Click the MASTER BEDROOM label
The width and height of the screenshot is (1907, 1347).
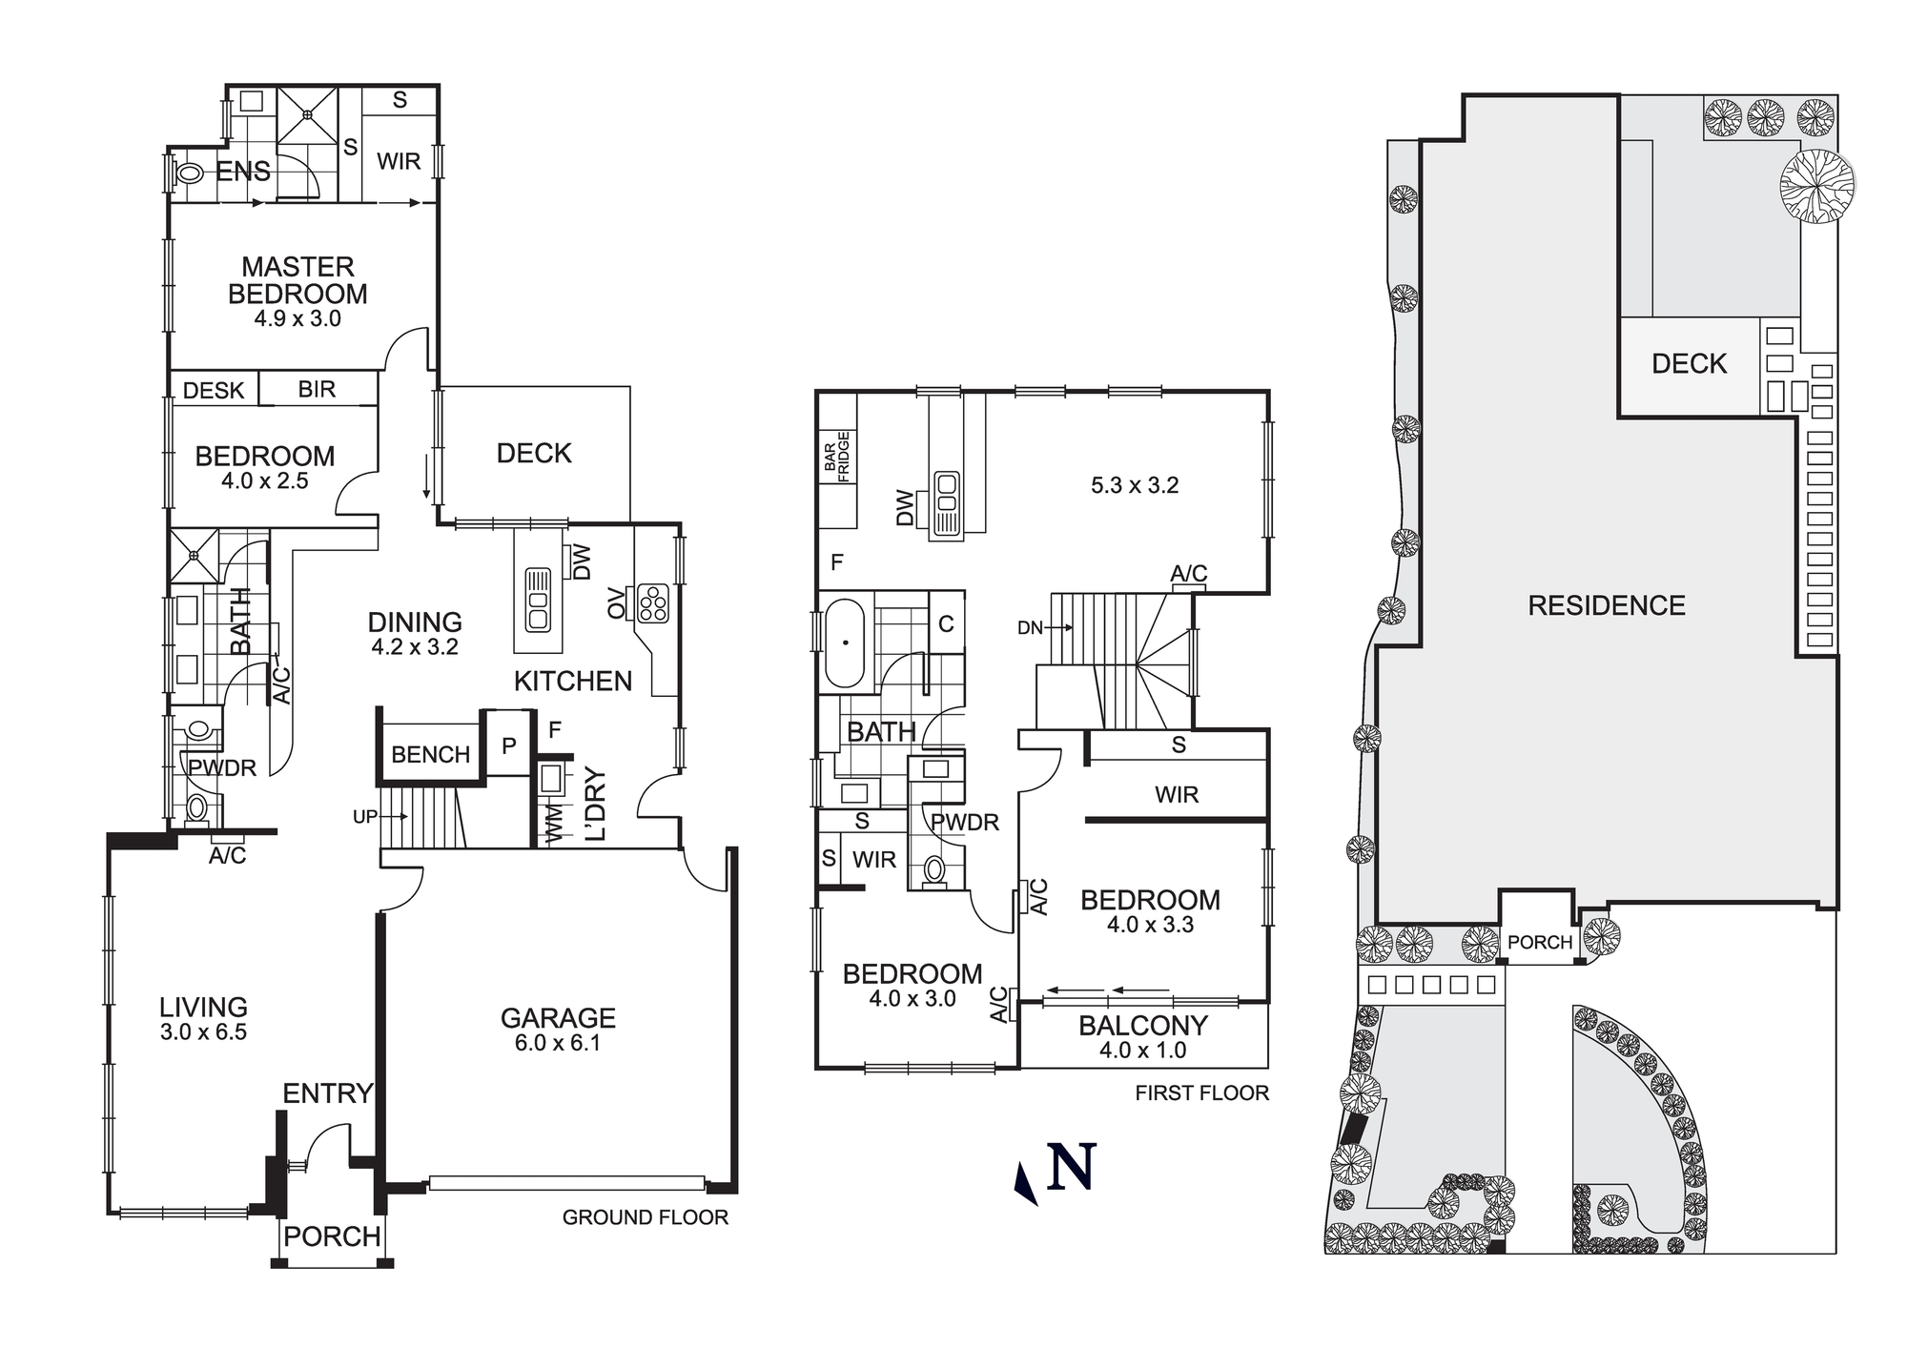[297, 280]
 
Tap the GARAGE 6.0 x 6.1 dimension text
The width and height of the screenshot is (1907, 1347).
[558, 1043]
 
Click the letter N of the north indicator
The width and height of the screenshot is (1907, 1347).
[1071, 1167]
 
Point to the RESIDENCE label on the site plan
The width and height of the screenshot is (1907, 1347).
[1607, 605]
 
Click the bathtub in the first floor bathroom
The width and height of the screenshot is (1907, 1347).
[844, 643]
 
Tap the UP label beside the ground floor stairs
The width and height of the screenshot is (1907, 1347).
[365, 817]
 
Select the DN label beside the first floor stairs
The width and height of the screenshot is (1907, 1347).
[1030, 627]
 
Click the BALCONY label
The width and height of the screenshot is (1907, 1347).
[1143, 1026]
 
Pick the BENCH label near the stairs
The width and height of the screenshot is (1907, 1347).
[431, 754]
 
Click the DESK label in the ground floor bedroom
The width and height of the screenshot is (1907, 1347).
[214, 390]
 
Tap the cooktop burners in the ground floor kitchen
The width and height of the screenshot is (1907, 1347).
[654, 603]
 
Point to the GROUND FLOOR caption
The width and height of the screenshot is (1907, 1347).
[645, 1217]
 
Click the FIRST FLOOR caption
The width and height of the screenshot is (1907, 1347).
[1201, 1093]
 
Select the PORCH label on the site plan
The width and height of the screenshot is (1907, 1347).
[1539, 942]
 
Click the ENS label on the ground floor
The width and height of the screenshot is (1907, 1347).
[242, 172]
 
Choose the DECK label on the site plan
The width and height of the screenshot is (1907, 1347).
[1689, 363]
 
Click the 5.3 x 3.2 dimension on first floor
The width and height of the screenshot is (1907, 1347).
[1135, 485]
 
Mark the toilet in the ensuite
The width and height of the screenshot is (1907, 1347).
[191, 174]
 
